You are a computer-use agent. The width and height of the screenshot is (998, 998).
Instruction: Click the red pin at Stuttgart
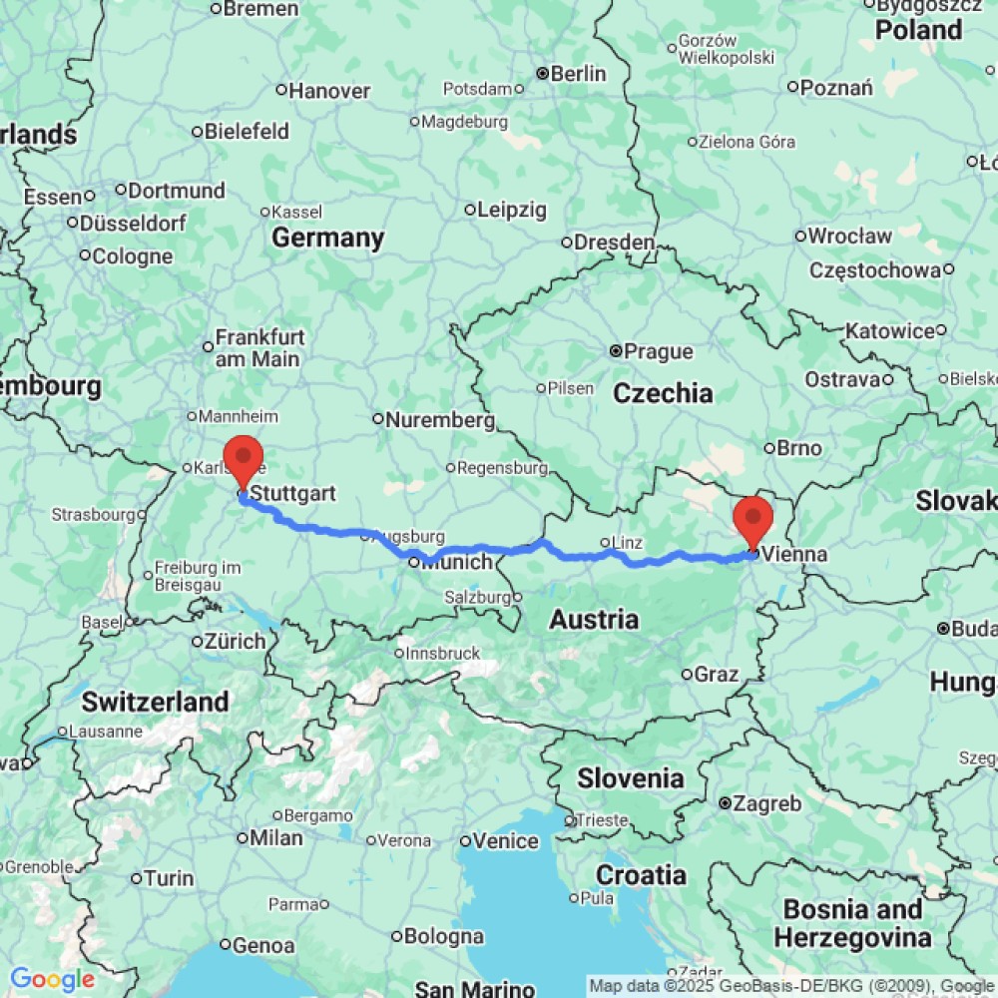pos(243,460)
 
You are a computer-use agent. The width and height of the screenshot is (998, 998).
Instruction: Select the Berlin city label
pos(578,73)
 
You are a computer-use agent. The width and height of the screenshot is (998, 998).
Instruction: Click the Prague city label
pos(660,351)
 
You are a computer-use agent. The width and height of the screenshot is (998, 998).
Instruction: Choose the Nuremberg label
pos(440,420)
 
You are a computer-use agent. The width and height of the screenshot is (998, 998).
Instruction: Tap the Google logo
pos(52,980)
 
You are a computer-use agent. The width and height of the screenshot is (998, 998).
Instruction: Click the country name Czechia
pos(663,393)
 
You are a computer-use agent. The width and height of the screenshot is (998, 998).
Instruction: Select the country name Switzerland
pos(155,702)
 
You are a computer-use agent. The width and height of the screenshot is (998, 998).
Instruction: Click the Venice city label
pos(506,841)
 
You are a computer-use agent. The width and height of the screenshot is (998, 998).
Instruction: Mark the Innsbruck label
pos(444,653)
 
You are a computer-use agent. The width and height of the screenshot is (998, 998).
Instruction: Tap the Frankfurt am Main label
pos(260,347)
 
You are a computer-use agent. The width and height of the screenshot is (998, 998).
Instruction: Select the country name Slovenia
pos(631,777)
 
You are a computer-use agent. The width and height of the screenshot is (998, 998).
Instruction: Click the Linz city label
pos(626,542)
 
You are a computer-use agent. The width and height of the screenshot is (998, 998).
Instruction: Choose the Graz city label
pos(717,675)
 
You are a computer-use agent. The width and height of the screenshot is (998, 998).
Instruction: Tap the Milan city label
pos(275,838)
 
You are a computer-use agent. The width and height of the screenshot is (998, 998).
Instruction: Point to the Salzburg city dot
pos(517,597)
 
